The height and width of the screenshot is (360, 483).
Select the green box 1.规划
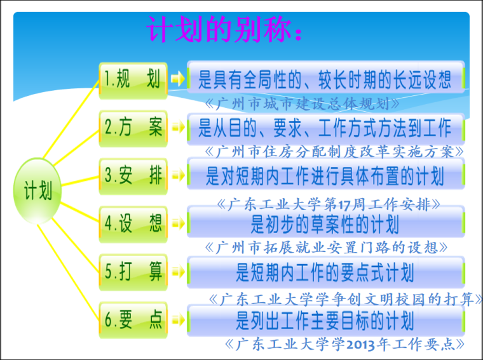coord(133,79)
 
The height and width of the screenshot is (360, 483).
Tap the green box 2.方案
coord(133,128)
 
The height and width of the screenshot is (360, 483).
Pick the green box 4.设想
coord(133,223)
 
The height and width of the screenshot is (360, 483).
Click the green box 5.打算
coord(133,272)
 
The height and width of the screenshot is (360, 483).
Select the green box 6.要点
coord(133,321)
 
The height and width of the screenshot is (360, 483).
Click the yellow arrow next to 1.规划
coord(178,79)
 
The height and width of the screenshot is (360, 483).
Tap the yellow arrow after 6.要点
coord(178,321)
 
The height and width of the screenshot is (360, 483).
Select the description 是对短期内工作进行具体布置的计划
coord(325,175)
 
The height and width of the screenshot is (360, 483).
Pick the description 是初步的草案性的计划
coord(325,223)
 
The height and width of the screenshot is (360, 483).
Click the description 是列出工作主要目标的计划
coord(325,320)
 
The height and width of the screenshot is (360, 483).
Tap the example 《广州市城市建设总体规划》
coord(303,102)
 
